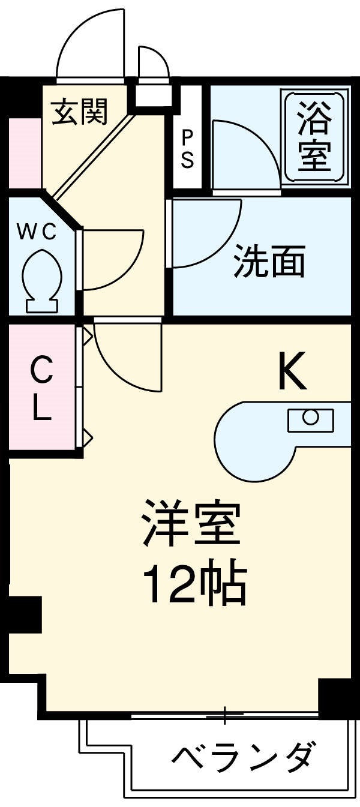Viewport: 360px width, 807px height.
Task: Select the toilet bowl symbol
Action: (42, 279)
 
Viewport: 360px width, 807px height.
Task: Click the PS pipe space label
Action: (187, 148)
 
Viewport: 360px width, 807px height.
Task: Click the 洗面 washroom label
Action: (269, 262)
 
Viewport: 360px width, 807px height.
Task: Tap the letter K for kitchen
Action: (292, 372)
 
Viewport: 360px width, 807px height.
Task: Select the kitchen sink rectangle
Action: (310, 419)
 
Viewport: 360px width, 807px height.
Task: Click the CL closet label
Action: (41, 389)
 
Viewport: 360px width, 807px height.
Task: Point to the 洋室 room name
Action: (191, 524)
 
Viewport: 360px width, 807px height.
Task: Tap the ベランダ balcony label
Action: (242, 759)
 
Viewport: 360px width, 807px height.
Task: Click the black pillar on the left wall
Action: (24, 614)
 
